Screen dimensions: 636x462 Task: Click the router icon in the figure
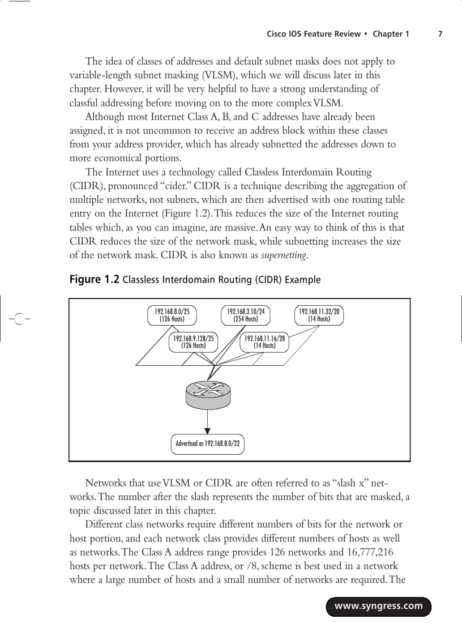(x=208, y=393)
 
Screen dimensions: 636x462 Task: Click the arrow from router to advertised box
(x=208, y=421)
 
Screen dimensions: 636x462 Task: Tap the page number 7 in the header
(x=440, y=34)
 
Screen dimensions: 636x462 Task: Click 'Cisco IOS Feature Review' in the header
(x=313, y=34)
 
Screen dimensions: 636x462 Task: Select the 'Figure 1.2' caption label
(x=94, y=279)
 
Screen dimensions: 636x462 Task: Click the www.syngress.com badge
(x=378, y=606)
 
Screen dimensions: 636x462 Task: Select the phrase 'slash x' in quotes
(x=354, y=483)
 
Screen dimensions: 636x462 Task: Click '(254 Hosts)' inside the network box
(x=246, y=319)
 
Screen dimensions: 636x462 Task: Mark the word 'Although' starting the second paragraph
(x=106, y=117)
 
